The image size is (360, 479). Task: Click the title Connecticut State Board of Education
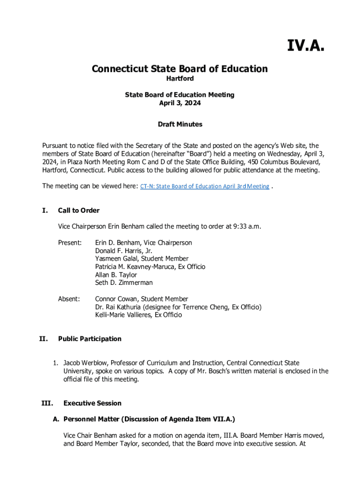click(x=180, y=69)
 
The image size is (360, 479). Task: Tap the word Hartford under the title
click(x=180, y=79)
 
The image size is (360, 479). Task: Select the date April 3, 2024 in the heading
click(x=180, y=103)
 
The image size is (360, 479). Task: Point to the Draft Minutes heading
click(x=180, y=124)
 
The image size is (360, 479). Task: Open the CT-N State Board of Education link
click(x=205, y=186)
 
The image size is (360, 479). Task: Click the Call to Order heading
click(x=79, y=210)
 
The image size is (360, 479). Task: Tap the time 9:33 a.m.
click(x=246, y=227)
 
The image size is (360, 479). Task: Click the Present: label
click(x=70, y=243)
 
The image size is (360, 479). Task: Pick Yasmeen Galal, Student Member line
click(x=142, y=259)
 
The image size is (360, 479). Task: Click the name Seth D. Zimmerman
click(x=124, y=283)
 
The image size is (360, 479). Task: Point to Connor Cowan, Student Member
click(x=142, y=299)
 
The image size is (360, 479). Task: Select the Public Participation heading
click(x=90, y=339)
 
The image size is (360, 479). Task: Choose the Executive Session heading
click(x=92, y=403)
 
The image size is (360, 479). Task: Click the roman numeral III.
click(x=46, y=403)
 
